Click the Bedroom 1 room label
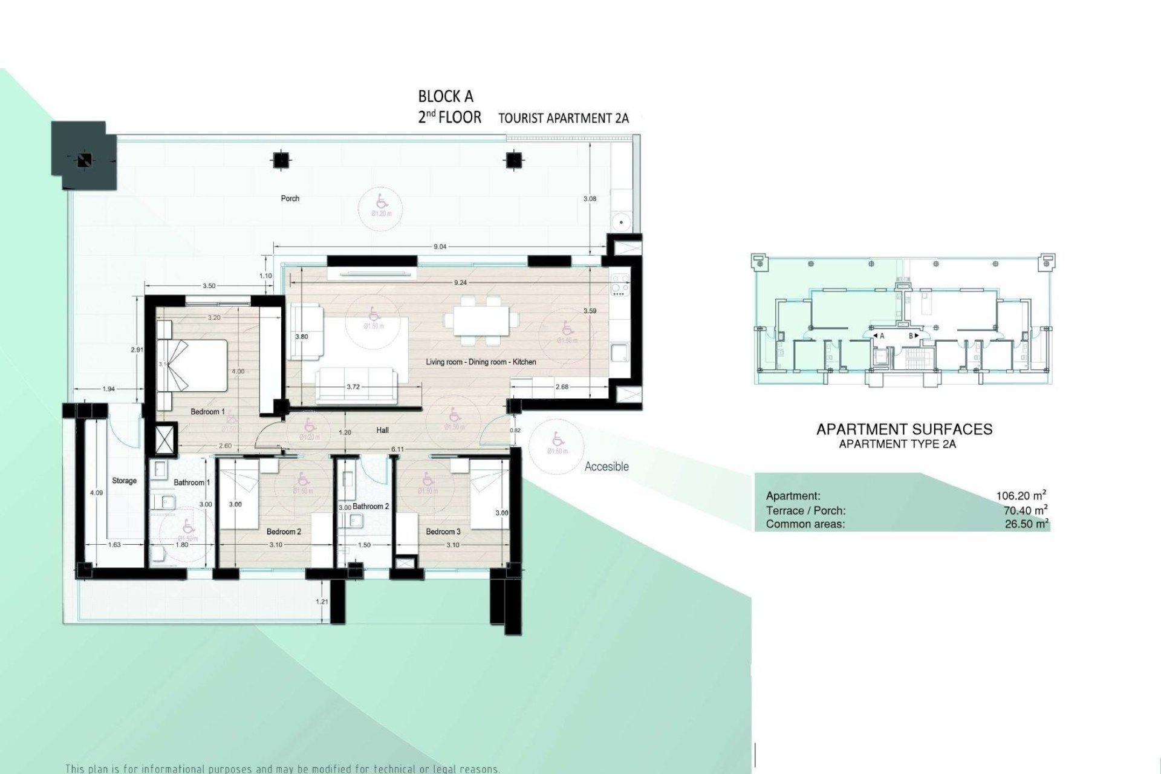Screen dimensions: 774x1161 (207, 412)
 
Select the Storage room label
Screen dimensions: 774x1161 (125, 481)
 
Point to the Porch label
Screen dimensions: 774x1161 (290, 198)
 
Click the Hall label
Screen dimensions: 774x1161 (382, 431)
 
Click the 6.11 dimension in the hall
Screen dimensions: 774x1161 (398, 449)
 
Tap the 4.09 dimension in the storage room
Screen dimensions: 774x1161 (96, 493)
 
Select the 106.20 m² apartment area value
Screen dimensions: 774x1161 (1021, 496)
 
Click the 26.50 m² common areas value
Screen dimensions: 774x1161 (1026, 524)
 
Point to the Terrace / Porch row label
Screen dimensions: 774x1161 (805, 510)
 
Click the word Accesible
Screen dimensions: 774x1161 (607, 467)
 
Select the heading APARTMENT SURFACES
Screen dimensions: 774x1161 (905, 429)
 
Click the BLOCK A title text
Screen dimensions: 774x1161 (446, 97)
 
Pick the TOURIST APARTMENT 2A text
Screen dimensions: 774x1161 (563, 119)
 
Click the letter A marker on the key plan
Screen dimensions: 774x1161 (882, 336)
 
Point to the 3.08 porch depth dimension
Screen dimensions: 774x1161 (591, 198)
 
